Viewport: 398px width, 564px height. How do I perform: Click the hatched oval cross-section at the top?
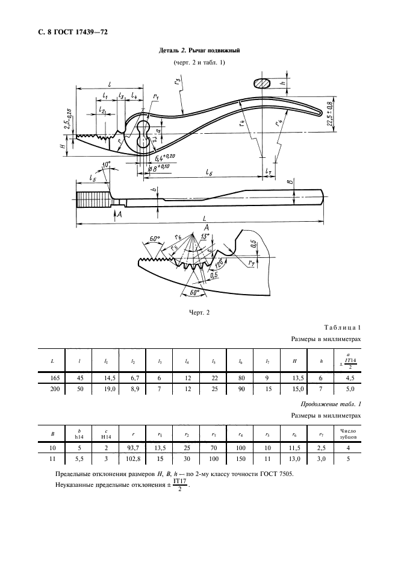[x=262, y=83]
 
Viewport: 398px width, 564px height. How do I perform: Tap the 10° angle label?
[x=106, y=165]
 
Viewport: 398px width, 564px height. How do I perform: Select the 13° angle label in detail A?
[x=205, y=237]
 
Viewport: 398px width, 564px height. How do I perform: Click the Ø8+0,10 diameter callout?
[x=158, y=168]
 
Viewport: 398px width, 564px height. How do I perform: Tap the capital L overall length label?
[x=204, y=218]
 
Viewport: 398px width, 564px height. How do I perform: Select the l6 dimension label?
[x=209, y=172]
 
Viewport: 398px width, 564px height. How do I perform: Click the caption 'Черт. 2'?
[x=199, y=312]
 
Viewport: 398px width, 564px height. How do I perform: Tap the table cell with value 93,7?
[x=132, y=448]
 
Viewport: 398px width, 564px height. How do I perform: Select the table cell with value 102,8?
[x=132, y=459]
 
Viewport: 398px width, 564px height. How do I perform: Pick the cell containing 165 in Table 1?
[x=52, y=378]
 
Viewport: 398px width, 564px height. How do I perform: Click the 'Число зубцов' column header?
[x=347, y=434]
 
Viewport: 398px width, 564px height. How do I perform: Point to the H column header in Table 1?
[x=294, y=361]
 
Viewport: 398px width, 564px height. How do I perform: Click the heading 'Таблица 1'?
[x=342, y=327]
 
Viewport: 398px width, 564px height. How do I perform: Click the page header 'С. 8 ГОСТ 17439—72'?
[x=73, y=32]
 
